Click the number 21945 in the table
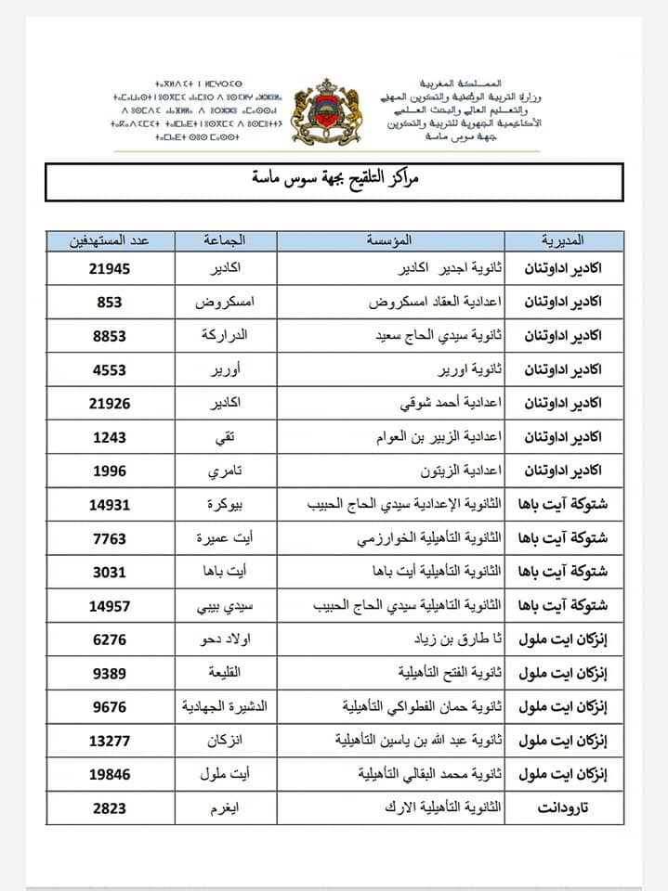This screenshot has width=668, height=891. click(x=110, y=268)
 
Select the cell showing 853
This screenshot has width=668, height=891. click(x=110, y=302)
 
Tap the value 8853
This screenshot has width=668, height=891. click(x=110, y=336)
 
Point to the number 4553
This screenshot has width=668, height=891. click(x=110, y=369)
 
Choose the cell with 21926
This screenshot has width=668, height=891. click(x=110, y=403)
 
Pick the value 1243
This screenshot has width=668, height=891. click(x=110, y=437)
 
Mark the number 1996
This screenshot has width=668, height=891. click(x=110, y=471)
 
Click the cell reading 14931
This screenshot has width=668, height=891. click(x=110, y=505)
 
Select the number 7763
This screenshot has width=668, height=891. click(x=110, y=538)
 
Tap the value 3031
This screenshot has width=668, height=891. click(x=110, y=572)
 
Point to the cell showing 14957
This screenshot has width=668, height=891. click(x=110, y=606)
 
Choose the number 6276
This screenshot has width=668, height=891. click(x=110, y=639)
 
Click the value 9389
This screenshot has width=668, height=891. click(x=110, y=673)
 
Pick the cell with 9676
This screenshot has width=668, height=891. click(x=110, y=707)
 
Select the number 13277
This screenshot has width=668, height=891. click(x=110, y=741)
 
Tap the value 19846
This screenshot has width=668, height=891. click(x=110, y=774)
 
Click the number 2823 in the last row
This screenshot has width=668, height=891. click(x=110, y=808)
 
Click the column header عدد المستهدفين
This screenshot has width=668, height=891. click(x=110, y=241)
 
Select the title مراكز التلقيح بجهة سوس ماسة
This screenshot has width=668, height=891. click(x=334, y=179)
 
